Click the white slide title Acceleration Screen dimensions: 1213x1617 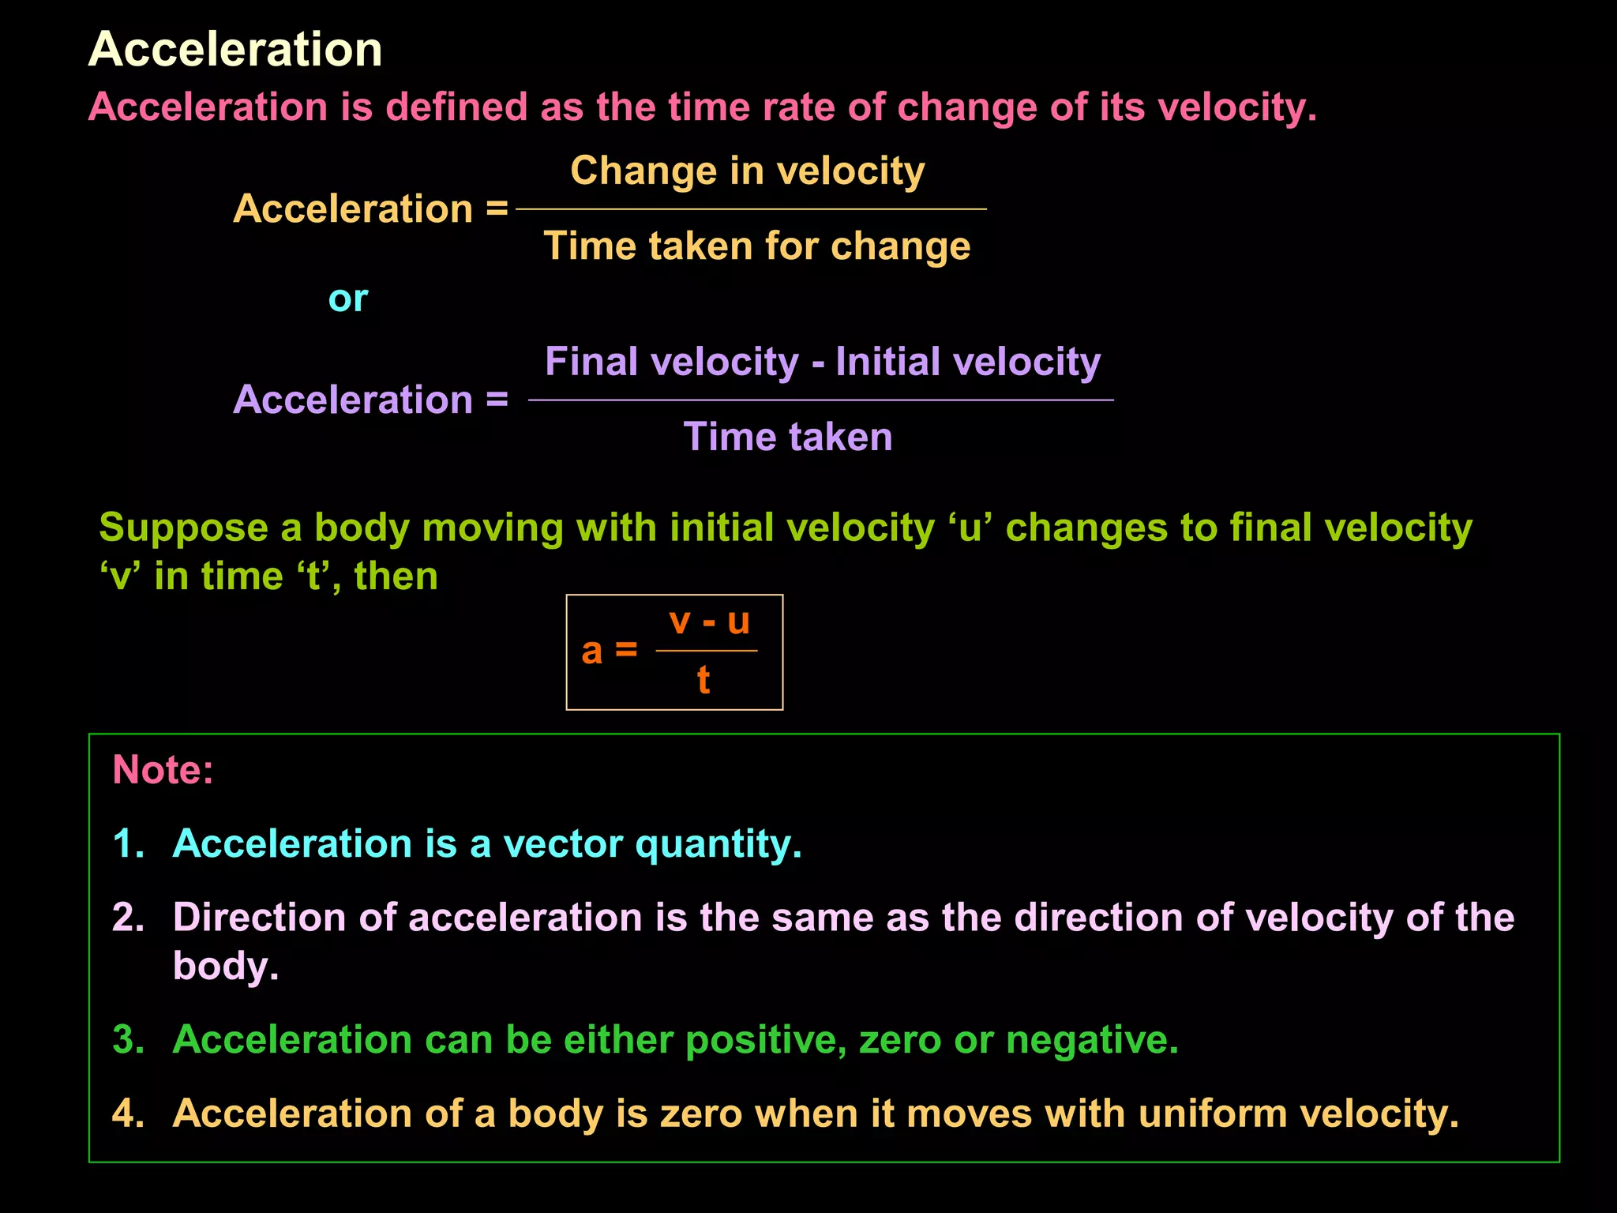[x=234, y=49]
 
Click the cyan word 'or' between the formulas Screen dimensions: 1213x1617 [x=347, y=299]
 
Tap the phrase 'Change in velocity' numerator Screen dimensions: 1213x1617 [x=747, y=171]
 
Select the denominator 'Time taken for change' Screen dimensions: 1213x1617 [x=756, y=246]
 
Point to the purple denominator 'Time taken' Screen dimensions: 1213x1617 [x=787, y=437]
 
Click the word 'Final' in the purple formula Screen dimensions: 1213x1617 [x=591, y=362]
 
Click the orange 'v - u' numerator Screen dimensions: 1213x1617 [x=708, y=622]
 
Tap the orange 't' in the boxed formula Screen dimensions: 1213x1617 [x=703, y=680]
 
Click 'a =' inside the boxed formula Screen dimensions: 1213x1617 [x=609, y=651]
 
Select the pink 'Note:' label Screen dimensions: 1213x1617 [x=163, y=769]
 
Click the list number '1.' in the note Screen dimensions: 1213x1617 [x=129, y=843]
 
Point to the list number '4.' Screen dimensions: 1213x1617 [x=129, y=1113]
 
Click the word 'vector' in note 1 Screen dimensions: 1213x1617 [x=563, y=843]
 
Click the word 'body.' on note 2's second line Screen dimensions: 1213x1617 [x=226, y=966]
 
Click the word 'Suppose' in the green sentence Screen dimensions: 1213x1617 [x=183, y=528]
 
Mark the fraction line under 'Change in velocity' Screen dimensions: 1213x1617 [x=750, y=209]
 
